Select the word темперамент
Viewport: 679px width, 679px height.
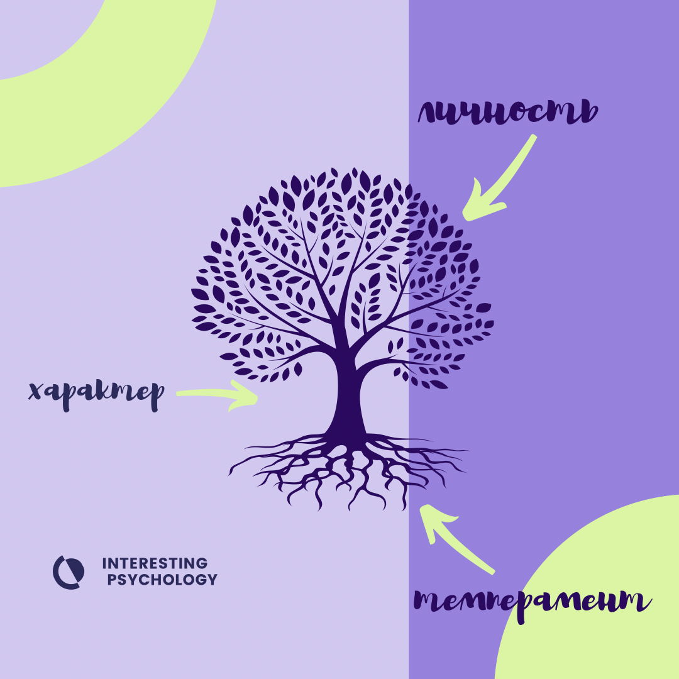click(532, 602)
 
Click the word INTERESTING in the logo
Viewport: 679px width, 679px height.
click(155, 563)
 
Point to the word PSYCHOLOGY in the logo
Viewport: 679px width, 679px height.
click(162, 580)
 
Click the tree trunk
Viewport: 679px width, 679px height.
click(349, 396)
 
